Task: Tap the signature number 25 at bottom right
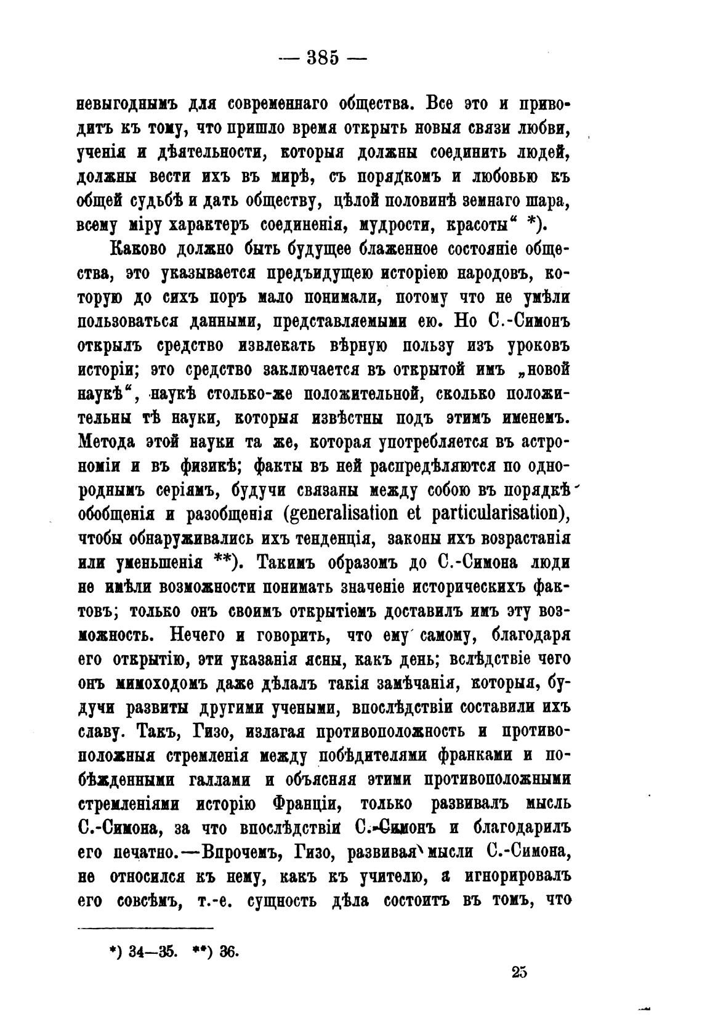tap(518, 972)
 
